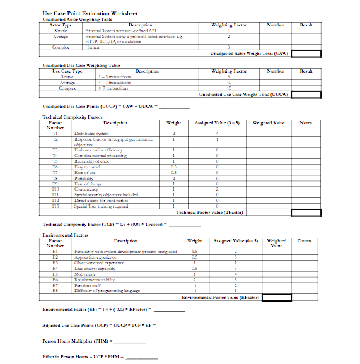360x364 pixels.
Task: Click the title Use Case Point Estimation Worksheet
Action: [x=90, y=13]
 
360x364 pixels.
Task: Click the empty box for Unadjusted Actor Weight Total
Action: [x=306, y=54]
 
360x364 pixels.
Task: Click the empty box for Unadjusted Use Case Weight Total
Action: [x=306, y=94]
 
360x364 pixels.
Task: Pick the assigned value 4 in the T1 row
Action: [x=217, y=134]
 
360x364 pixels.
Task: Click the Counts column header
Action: [x=305, y=241]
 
